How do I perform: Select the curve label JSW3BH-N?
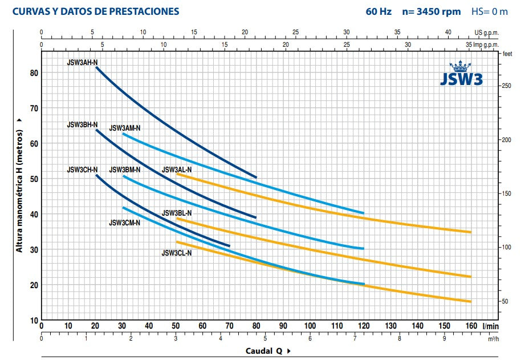click(82, 124)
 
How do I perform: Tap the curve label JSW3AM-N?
click(125, 128)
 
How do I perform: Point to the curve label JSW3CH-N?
click(82, 169)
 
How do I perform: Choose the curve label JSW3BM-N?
click(125, 169)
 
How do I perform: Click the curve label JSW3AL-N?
click(177, 169)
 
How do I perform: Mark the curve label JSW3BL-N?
click(177, 213)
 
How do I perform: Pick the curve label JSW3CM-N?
click(125, 223)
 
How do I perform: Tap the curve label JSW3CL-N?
click(177, 253)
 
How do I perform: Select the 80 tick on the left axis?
click(33, 73)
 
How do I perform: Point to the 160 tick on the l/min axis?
click(471, 326)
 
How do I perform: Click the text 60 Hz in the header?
click(379, 11)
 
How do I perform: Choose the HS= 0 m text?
click(489, 11)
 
